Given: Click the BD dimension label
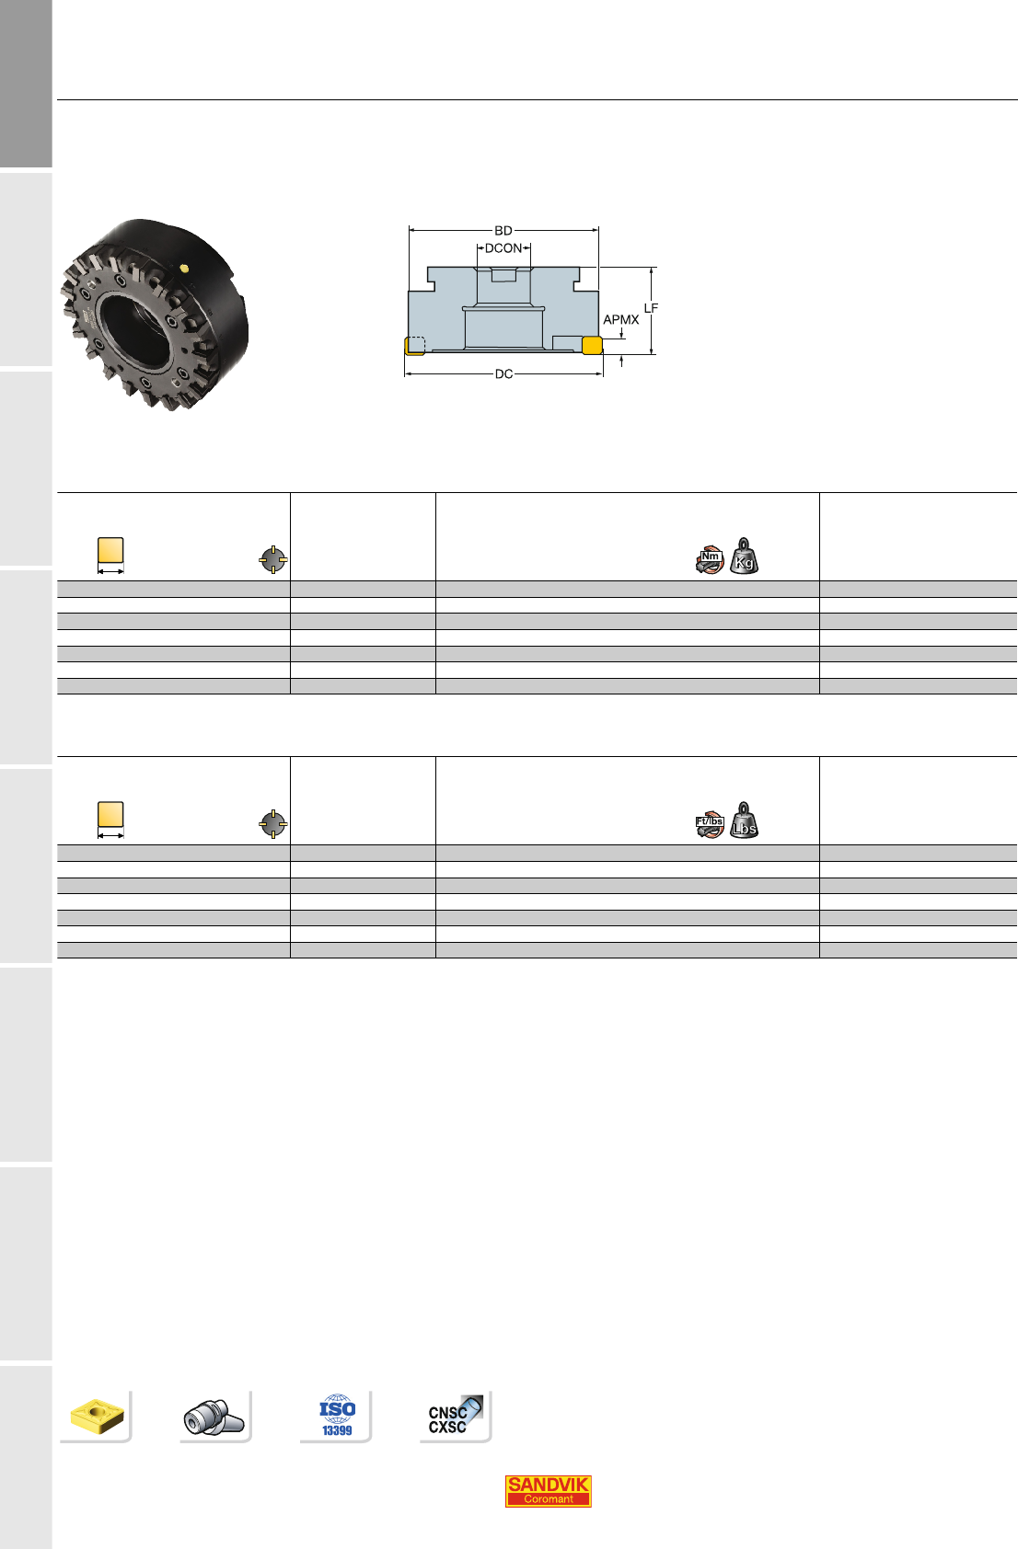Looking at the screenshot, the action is pos(503,230).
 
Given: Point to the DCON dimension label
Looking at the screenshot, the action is pos(503,248).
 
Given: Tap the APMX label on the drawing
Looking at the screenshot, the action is pos(620,319).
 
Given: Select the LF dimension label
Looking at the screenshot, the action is pos(652,308).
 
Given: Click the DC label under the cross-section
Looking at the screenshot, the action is pos(503,374).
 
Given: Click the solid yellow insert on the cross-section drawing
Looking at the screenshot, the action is pos(592,345).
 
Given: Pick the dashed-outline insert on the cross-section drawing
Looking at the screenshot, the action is pos(414,345).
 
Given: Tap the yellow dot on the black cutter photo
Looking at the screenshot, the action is pos(184,269).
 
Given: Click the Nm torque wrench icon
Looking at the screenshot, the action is pos(710,559).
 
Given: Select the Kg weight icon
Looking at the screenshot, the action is pos(744,556).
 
